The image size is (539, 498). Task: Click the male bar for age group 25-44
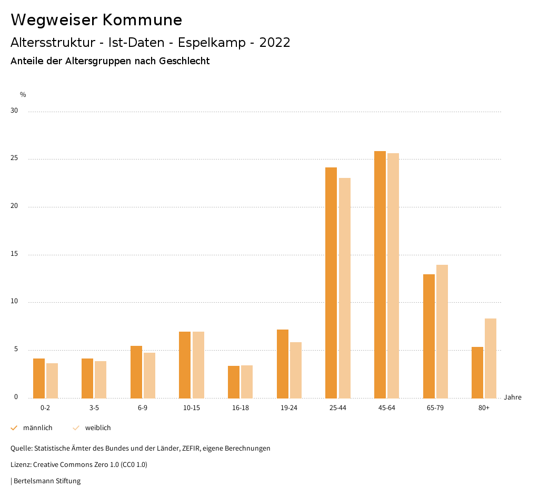pos(331,283)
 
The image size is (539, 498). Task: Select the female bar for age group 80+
pos(491,358)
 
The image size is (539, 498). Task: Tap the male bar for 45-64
pos(380,274)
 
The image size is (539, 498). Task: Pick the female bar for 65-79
pos(442,331)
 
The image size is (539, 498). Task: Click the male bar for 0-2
pos(39,378)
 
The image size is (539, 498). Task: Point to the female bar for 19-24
pos(296,370)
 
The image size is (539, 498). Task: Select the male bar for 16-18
pos(234,382)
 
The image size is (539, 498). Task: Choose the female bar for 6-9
pos(149,375)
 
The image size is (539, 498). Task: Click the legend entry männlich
pos(37,428)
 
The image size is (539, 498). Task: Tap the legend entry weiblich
pos(98,428)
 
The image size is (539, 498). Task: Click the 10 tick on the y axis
pos(14,302)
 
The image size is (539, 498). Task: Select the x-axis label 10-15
pos(192,408)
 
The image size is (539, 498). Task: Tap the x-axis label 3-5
pos(94,408)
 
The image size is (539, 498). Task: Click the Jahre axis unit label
pos(512,397)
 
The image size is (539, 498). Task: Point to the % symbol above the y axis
pos(23,95)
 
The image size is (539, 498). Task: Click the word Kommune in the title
pos(142,20)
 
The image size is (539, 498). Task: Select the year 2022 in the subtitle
pos(275,43)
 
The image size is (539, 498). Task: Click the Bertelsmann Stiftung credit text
pos(47,481)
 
